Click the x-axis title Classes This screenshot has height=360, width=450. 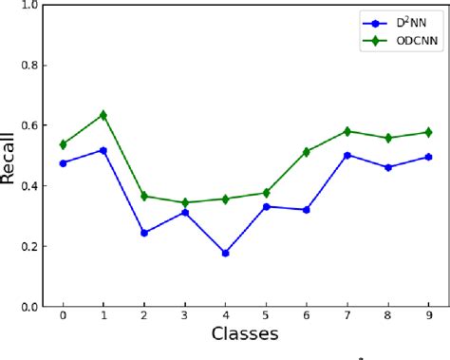point(245,333)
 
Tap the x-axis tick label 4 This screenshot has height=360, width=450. point(225,314)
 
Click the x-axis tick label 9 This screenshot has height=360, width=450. point(428,314)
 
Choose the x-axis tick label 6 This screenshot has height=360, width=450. point(307,314)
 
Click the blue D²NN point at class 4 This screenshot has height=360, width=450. point(225,253)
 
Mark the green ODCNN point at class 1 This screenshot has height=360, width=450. point(103,115)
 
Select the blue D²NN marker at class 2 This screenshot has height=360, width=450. point(143,233)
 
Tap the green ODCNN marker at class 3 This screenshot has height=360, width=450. point(184,202)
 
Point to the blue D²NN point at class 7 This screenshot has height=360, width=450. point(347,155)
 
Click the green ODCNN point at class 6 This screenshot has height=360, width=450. point(307,152)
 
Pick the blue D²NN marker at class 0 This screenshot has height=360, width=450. point(63,162)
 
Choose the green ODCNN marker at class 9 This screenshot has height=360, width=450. point(428,132)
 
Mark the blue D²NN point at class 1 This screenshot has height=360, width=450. point(103,150)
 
